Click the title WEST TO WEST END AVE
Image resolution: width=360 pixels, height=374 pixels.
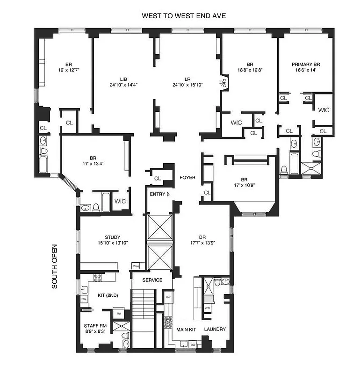coord(184,16)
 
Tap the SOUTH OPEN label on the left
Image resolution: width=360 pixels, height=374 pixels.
coord(55,266)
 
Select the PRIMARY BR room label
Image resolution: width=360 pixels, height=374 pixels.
coord(306,67)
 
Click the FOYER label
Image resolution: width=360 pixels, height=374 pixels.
coord(187,178)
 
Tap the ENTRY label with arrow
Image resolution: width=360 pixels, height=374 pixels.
coord(159,194)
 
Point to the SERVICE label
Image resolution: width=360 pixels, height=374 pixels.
coord(152,280)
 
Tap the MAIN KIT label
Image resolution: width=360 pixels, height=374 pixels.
coord(185,330)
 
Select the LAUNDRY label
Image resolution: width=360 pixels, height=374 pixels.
coord(215,330)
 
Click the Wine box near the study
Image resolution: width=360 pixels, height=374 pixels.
coord(136,266)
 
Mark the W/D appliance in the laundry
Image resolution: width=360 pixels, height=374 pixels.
coord(208,309)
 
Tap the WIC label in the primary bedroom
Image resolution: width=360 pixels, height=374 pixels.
coord(324,110)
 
